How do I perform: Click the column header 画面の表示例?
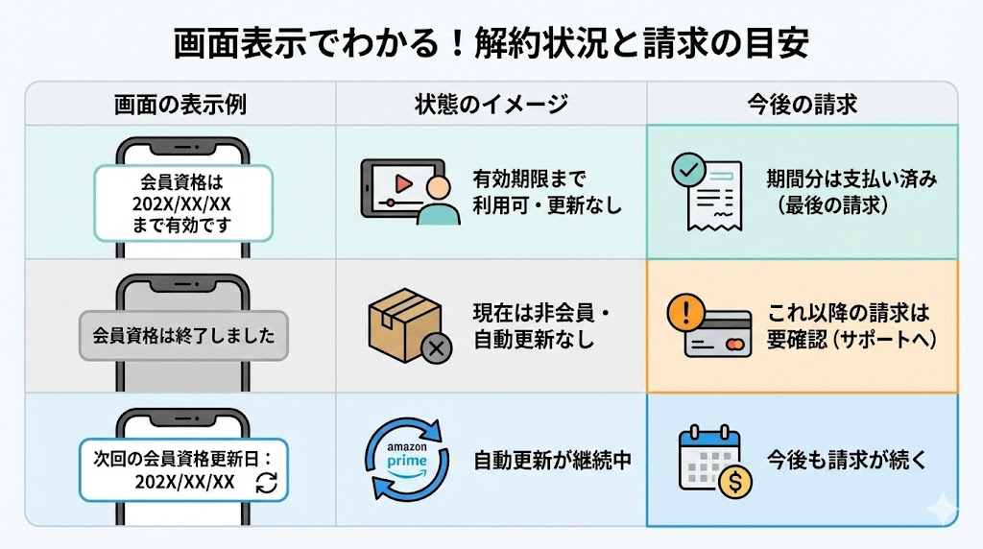(x=180, y=104)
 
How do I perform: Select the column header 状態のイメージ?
(x=491, y=104)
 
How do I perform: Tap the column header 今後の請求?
(x=802, y=104)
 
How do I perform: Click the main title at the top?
(x=491, y=44)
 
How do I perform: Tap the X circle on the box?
(x=436, y=346)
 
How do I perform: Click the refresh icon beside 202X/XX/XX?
(x=267, y=482)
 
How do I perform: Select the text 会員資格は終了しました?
(x=183, y=336)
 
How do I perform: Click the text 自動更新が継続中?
(x=552, y=460)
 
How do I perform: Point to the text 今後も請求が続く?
(x=847, y=460)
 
